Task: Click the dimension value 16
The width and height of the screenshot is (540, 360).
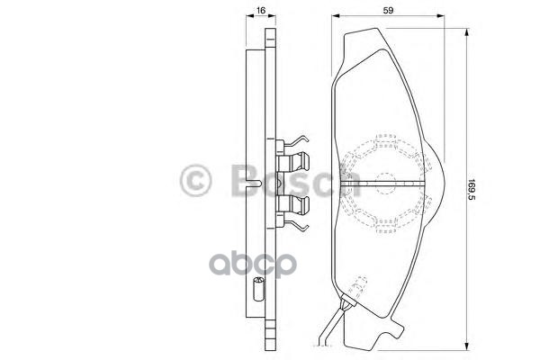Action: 261,10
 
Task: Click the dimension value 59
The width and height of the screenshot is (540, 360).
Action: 389,10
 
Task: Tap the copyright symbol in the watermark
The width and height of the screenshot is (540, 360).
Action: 195,181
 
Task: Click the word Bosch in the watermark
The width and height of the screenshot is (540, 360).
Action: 296,179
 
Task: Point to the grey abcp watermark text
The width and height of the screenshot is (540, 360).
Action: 253,265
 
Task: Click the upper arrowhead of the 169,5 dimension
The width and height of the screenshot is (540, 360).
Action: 466,32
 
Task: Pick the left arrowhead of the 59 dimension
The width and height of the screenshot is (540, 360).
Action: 336,16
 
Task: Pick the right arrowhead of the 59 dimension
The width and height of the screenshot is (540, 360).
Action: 440,16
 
